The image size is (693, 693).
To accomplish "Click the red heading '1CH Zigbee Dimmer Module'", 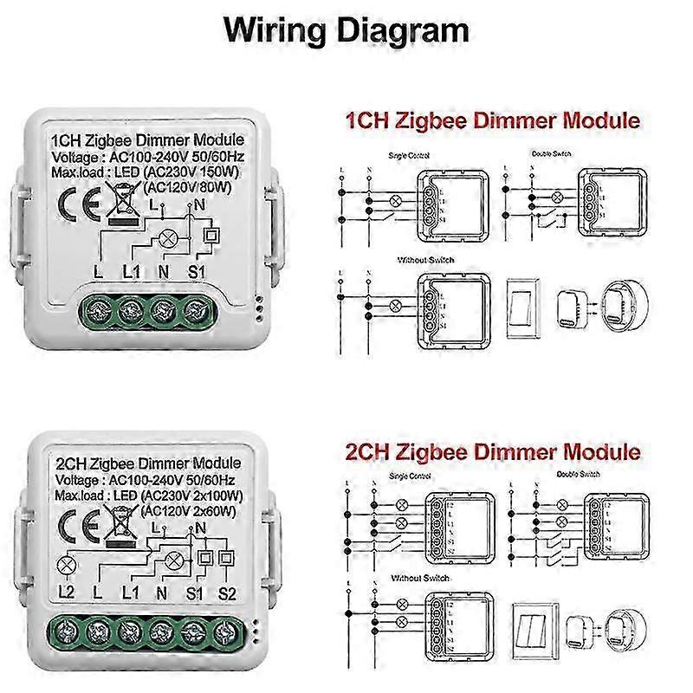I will point(493,120).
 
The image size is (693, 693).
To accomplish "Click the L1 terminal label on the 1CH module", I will point(132,272).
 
